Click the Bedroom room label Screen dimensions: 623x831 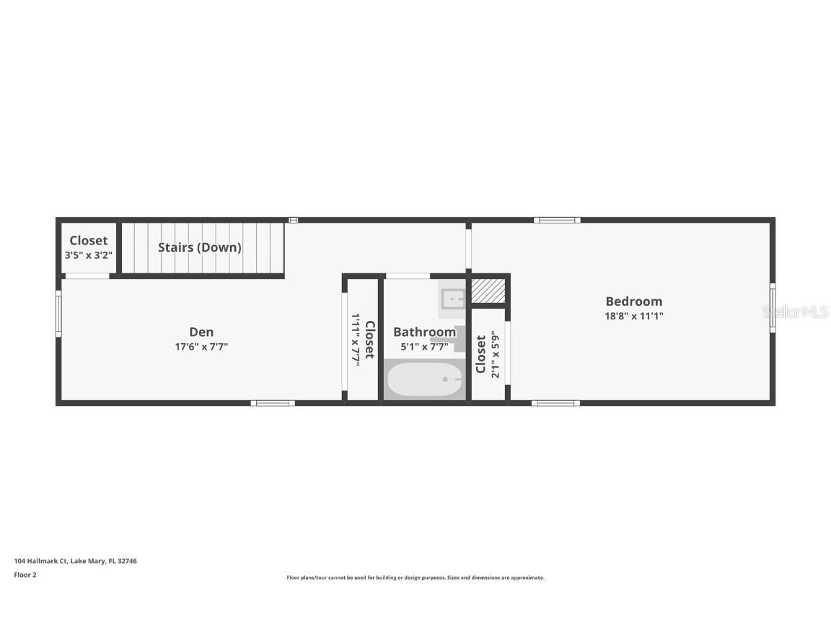633,301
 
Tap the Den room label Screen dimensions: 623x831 201,332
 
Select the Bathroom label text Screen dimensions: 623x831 424,332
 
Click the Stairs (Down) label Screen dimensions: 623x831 200,247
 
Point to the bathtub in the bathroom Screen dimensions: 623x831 423,380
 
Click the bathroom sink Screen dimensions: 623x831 453,298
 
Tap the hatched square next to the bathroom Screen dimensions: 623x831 488,290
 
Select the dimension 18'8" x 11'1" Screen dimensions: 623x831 633,316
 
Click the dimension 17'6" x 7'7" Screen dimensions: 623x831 201,347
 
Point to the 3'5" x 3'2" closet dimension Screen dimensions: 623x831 88,255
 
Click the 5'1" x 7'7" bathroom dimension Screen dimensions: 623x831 424,347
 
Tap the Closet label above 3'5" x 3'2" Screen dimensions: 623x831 88,241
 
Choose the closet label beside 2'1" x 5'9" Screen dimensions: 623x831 480,354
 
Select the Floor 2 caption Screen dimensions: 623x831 25,575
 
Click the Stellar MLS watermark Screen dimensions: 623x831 795,312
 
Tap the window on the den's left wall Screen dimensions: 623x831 58,313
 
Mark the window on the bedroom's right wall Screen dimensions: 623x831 772,308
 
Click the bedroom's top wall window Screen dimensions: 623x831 557,220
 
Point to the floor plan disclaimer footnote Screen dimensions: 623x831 415,578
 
